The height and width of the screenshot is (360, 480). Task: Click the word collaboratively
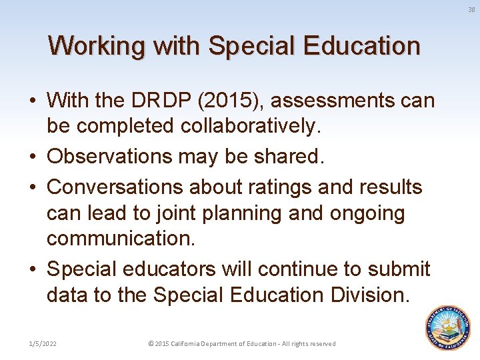258,125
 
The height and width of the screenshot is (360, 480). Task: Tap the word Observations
115,157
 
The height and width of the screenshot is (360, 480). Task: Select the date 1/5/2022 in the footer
42,343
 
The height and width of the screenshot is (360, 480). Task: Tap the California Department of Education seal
448,327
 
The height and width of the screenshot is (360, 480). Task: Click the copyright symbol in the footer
151,343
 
